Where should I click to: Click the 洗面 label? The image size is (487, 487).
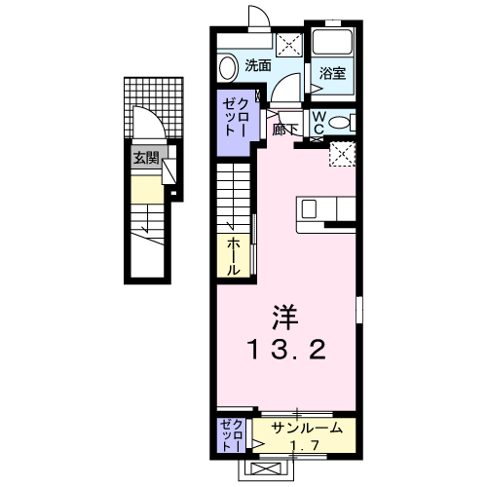[258, 66]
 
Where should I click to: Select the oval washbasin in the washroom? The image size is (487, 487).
[228, 67]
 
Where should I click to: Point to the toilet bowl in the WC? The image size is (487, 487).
[338, 123]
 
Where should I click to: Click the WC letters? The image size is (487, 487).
[318, 122]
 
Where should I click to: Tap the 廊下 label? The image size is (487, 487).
[283, 128]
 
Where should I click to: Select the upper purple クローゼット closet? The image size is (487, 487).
[233, 117]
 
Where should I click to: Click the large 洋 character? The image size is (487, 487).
[283, 317]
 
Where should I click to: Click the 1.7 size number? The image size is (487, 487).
[305, 445]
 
